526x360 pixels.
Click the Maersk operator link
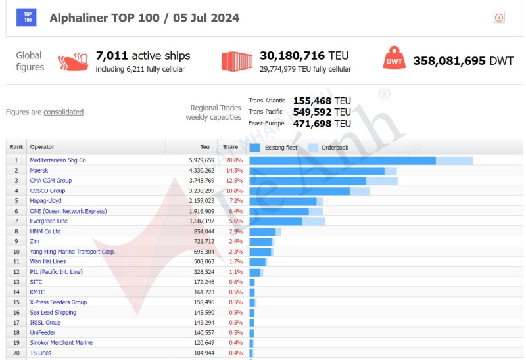tap(39, 170)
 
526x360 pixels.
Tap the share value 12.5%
tap(234, 181)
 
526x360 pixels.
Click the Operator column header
tap(42, 147)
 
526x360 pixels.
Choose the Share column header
tap(230, 147)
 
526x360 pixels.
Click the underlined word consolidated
tap(63, 112)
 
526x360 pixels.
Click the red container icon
tap(237, 61)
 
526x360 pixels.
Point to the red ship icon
tap(72, 62)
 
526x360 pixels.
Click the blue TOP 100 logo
tap(27, 17)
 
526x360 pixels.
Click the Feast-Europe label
tap(266, 124)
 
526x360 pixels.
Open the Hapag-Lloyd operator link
tap(45, 201)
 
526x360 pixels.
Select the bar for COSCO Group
tap(300, 191)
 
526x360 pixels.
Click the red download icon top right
tap(499, 18)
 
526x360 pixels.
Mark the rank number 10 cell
tap(16, 252)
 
